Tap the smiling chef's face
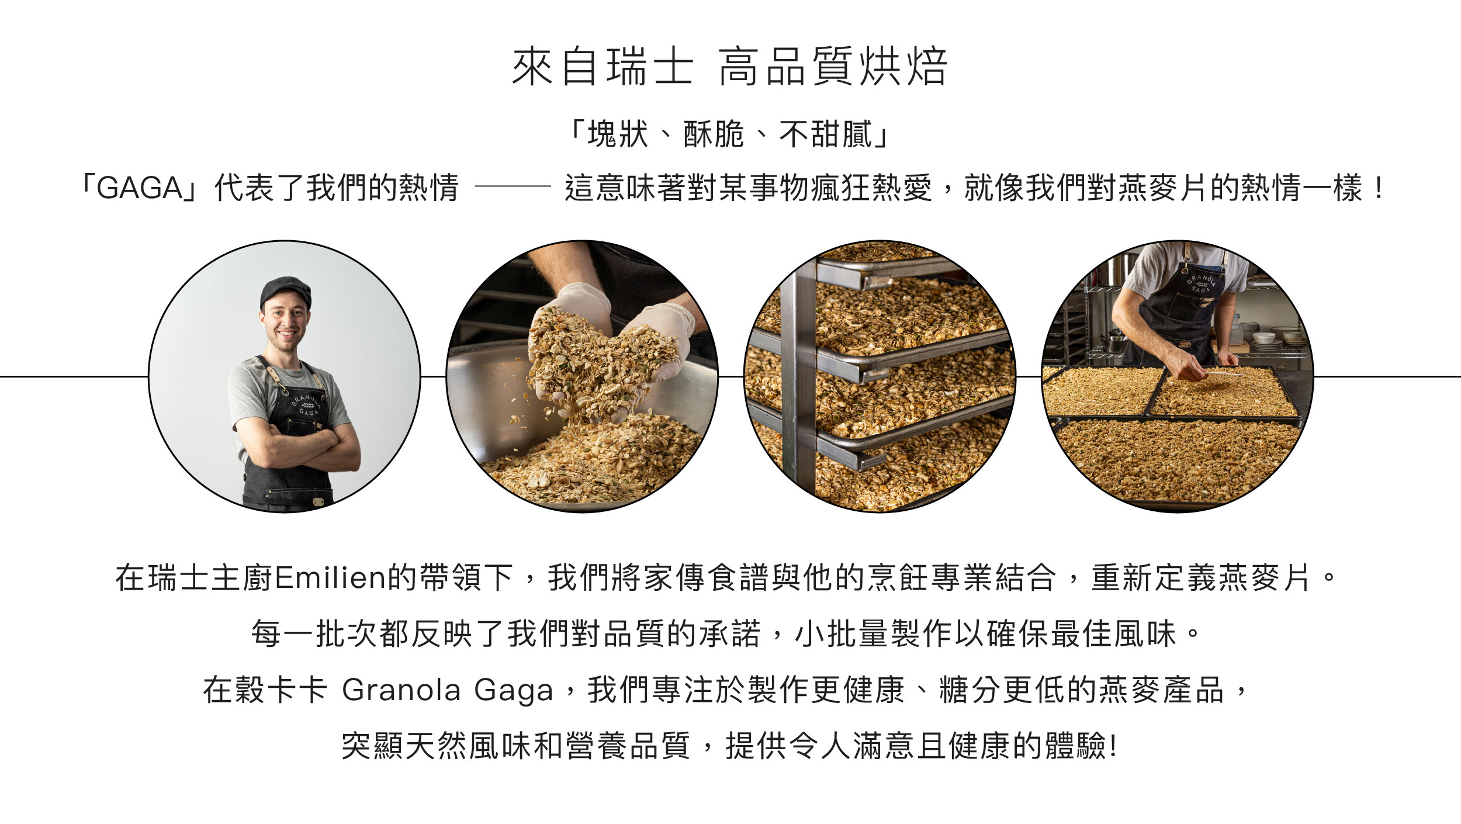click(x=286, y=325)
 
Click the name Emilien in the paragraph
click(x=331, y=578)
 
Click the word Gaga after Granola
click(x=513, y=690)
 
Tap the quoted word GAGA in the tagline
click(x=140, y=188)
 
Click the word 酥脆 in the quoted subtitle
click(x=713, y=134)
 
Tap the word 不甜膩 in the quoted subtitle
click(x=825, y=134)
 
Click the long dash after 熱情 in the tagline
click(x=513, y=187)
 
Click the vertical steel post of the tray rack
click(x=798, y=380)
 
